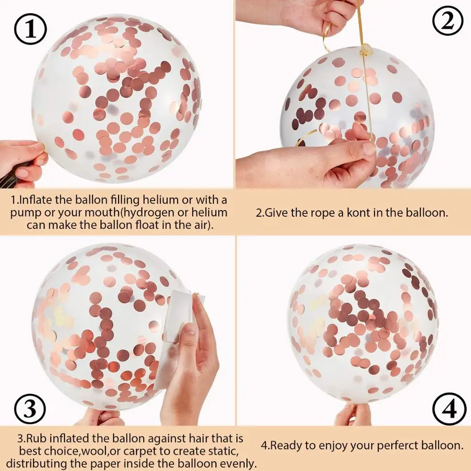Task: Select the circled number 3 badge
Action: tap(30, 408)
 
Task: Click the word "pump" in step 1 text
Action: tap(24, 212)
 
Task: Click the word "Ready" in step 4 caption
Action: tap(289, 445)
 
